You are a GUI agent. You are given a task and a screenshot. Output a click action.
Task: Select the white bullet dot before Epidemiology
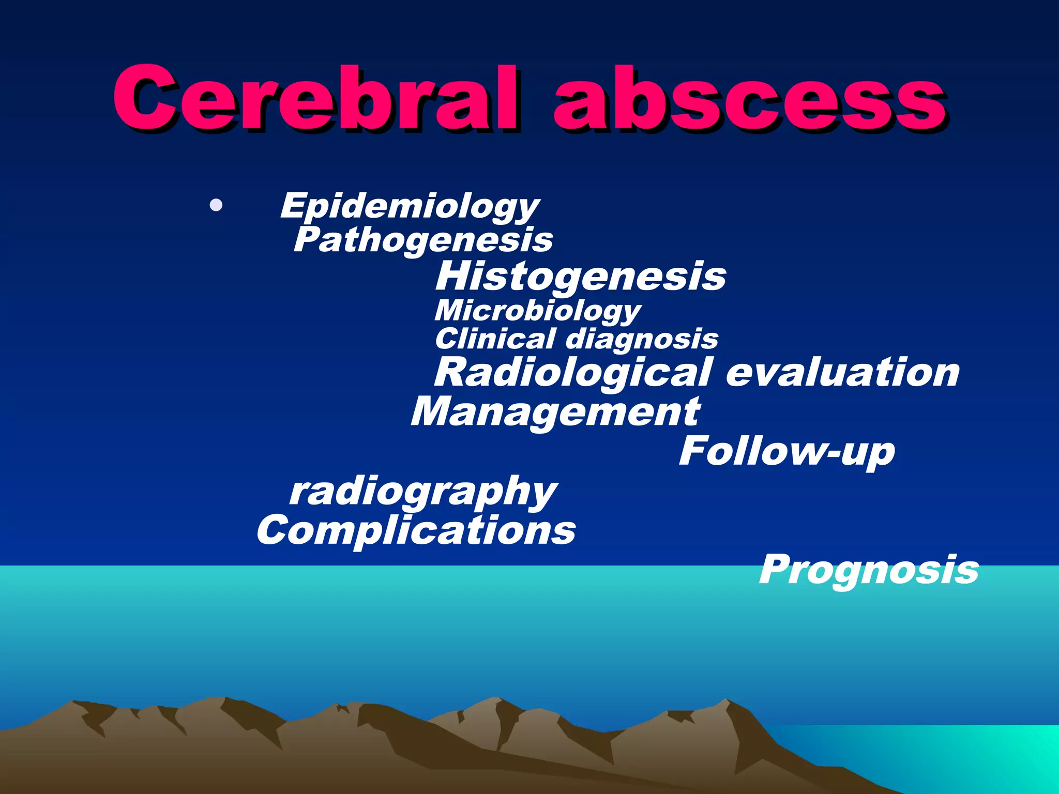[x=216, y=206]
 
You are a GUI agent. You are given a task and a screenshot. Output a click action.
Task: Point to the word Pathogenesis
[x=423, y=240]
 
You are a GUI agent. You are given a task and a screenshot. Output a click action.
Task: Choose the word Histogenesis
[x=581, y=276]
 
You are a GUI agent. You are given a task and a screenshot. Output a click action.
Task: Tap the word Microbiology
[x=538, y=311]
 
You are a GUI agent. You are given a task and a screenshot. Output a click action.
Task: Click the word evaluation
[x=843, y=372]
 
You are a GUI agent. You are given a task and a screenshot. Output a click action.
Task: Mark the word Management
[x=556, y=412]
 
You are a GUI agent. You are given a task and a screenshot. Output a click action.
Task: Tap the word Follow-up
[x=786, y=451]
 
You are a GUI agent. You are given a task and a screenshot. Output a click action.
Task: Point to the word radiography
[x=423, y=492]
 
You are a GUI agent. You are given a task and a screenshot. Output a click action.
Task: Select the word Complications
[x=416, y=530]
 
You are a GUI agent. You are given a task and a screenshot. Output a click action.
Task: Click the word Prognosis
[x=869, y=570]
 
